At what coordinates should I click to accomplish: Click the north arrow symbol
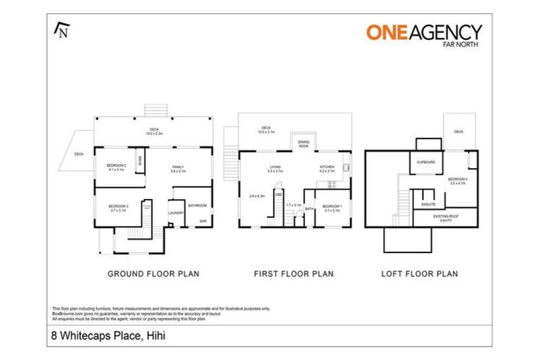click(61, 30)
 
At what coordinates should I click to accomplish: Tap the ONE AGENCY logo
click(424, 33)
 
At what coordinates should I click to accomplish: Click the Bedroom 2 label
click(116, 167)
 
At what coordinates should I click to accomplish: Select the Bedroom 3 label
click(117, 207)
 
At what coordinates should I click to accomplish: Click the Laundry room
click(176, 212)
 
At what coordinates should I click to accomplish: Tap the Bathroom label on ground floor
click(198, 205)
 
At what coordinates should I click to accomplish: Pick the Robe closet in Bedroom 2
click(141, 161)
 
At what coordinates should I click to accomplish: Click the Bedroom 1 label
click(331, 207)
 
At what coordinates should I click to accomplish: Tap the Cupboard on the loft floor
click(427, 162)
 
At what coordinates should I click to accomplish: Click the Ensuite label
click(429, 204)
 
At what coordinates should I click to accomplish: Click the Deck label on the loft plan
click(458, 131)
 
